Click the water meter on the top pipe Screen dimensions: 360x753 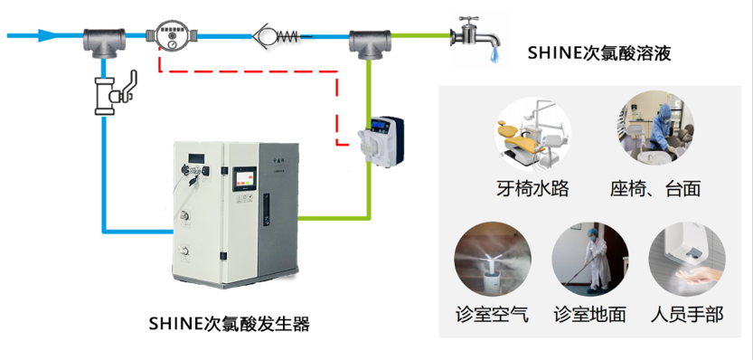click(171, 37)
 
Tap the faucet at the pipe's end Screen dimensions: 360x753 click(473, 35)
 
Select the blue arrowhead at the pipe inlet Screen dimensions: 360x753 click(46, 37)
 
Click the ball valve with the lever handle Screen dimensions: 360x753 click(110, 91)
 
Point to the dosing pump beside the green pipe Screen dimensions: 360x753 click(378, 139)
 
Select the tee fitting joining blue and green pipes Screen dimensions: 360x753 click(368, 42)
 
